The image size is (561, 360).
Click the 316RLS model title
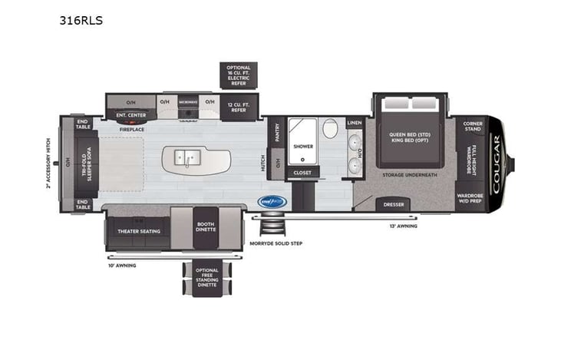point(81,21)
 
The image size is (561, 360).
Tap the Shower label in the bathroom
point(303,145)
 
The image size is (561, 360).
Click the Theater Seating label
point(137,230)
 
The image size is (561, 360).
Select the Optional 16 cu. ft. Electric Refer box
point(239,74)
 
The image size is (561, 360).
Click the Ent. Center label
point(130,115)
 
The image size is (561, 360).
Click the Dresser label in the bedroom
point(394,204)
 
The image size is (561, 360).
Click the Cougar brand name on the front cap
point(497,162)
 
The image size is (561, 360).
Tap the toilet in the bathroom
point(330,128)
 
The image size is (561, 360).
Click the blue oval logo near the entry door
point(272,201)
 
